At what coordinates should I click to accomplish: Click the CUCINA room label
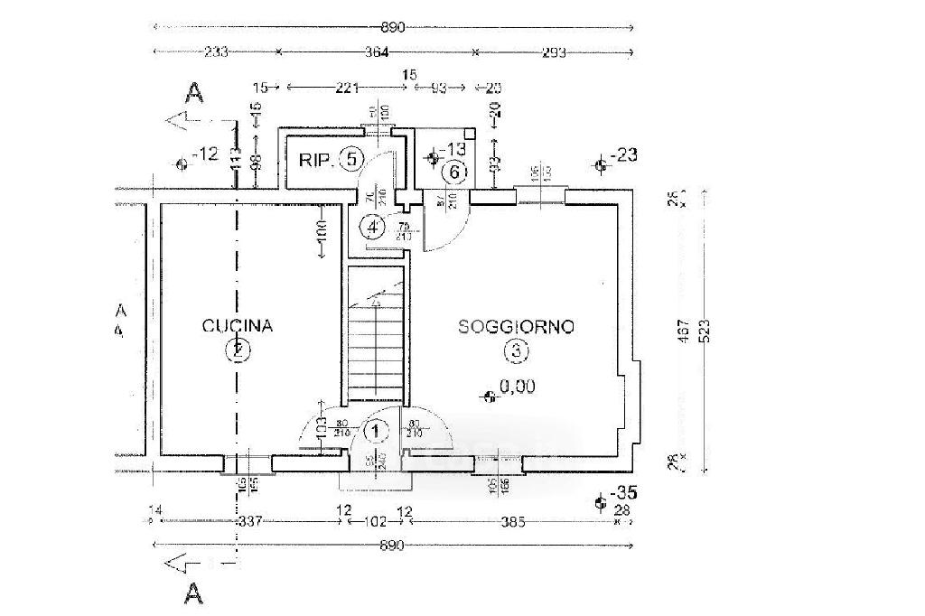(x=238, y=326)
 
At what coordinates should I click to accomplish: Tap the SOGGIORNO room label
(x=516, y=327)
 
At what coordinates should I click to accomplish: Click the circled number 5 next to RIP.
(x=353, y=160)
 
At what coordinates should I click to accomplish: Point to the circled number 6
(x=455, y=170)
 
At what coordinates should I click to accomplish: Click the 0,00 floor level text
(x=516, y=387)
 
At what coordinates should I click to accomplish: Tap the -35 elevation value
(x=624, y=494)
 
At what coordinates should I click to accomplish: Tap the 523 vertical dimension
(x=705, y=331)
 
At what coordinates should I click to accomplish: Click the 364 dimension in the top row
(x=376, y=53)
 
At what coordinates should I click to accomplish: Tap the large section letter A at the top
(x=192, y=91)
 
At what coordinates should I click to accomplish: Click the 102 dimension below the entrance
(x=375, y=521)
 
